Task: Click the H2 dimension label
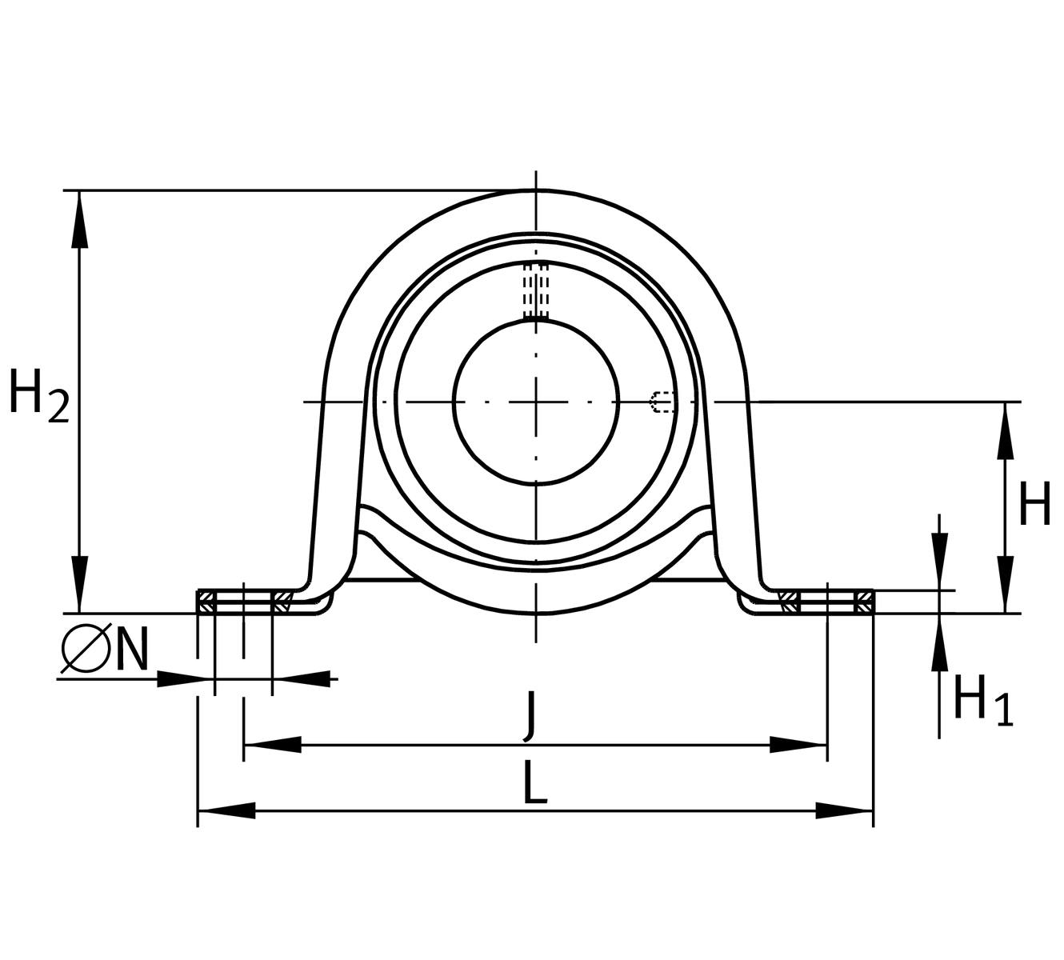point(38,395)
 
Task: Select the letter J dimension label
point(529,715)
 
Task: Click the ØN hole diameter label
point(104,649)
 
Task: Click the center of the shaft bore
point(536,401)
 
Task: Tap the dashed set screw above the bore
point(536,291)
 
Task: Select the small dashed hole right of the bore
point(662,401)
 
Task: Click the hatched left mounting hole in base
point(243,602)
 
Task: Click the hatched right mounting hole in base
point(826,602)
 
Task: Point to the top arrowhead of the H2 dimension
point(78,220)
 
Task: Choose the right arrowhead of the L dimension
point(844,811)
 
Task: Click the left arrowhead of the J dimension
point(271,745)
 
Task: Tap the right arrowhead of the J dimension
point(798,745)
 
